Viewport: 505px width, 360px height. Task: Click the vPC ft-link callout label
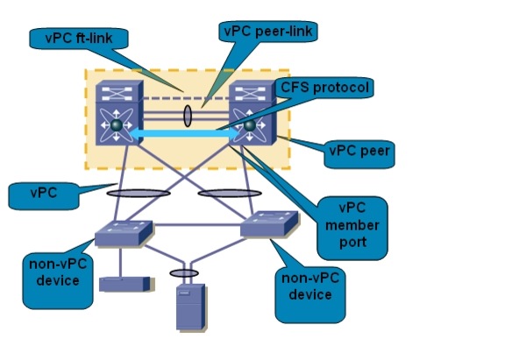pyautogui.click(x=79, y=39)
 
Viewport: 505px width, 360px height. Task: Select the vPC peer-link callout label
pyautogui.click(x=268, y=32)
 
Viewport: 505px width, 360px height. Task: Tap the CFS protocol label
pyautogui.click(x=324, y=88)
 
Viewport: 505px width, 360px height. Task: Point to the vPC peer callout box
pyautogui.click(x=359, y=154)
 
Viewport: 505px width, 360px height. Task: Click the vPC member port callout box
pyautogui.click(x=352, y=228)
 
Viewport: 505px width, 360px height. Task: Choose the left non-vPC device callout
pyautogui.click(x=58, y=280)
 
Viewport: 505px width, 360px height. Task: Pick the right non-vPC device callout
pyautogui.click(x=310, y=294)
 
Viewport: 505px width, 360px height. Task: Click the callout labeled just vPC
pyautogui.click(x=44, y=195)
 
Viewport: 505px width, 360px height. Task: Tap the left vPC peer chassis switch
pyautogui.click(x=119, y=113)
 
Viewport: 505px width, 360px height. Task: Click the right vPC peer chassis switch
pyautogui.click(x=252, y=113)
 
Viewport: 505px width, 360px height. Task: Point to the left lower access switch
pyautogui.click(x=124, y=233)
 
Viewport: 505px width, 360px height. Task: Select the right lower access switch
pyautogui.click(x=269, y=224)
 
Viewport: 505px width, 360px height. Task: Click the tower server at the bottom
pyautogui.click(x=190, y=307)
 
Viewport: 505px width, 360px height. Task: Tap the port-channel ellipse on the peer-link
pyautogui.click(x=188, y=116)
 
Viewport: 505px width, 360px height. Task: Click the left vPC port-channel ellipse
pyautogui.click(x=139, y=194)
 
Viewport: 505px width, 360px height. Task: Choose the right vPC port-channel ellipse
pyautogui.click(x=230, y=194)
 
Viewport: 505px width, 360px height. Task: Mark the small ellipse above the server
pyautogui.click(x=184, y=273)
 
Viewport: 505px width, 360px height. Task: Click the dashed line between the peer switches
pyautogui.click(x=186, y=98)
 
